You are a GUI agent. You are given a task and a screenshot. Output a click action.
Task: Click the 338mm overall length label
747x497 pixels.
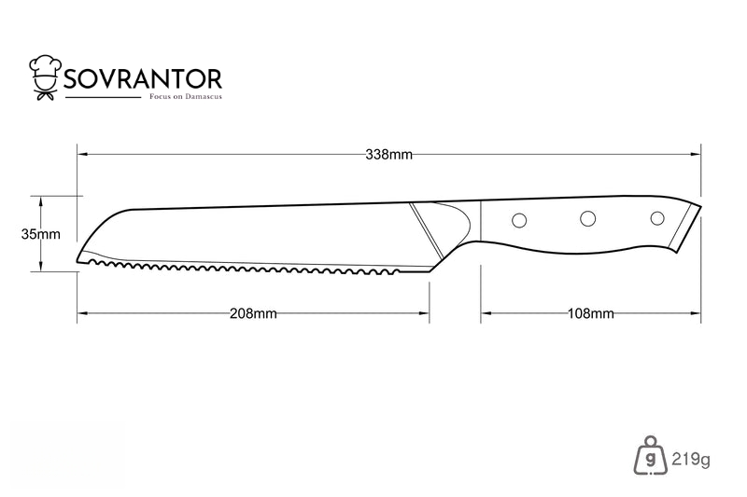(x=388, y=155)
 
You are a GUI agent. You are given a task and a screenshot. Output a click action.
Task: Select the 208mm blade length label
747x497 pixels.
(x=253, y=313)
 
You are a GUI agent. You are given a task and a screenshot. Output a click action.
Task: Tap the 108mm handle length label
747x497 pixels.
(x=591, y=313)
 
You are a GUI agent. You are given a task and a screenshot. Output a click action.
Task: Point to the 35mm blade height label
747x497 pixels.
(x=40, y=234)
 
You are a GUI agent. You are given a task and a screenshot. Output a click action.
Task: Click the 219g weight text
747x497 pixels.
(x=691, y=460)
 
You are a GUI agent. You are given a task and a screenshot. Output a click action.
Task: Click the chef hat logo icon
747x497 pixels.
(x=46, y=77)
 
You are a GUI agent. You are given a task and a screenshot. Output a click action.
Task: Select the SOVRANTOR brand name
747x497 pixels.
(x=143, y=79)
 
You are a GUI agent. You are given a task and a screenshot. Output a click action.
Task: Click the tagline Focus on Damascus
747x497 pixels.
(x=186, y=97)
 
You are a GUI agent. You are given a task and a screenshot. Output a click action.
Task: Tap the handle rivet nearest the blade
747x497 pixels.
(x=519, y=220)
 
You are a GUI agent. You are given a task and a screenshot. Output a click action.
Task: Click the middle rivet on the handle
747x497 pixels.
(x=587, y=218)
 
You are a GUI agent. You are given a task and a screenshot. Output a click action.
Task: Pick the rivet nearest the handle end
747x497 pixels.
(x=657, y=218)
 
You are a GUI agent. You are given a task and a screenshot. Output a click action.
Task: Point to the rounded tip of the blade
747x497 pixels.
(x=79, y=258)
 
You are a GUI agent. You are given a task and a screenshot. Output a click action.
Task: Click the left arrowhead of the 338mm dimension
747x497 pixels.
(x=82, y=155)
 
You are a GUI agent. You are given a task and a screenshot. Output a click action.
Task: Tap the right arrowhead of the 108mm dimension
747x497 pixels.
(x=696, y=313)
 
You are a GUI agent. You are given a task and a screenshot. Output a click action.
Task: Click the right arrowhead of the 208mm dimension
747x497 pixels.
(x=424, y=313)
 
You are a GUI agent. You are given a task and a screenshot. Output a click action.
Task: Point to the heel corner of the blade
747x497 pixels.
(x=430, y=271)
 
